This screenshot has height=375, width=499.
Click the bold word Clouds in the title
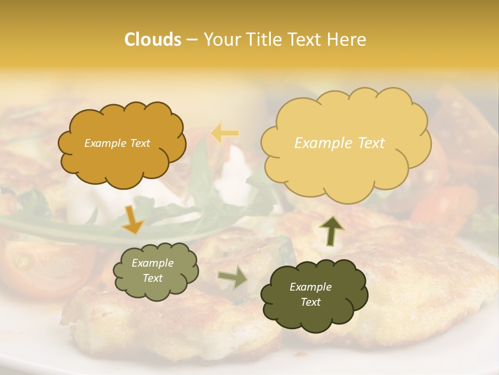[x=153, y=40]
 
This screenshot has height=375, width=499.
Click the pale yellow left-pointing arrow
[x=225, y=133]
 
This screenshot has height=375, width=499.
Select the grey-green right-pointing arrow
[x=232, y=277]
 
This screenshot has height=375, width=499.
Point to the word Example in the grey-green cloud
[x=152, y=263]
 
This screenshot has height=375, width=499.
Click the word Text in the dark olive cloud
[x=310, y=302]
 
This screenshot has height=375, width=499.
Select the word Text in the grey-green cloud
[x=152, y=278]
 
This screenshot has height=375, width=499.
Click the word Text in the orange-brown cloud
[x=139, y=143]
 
